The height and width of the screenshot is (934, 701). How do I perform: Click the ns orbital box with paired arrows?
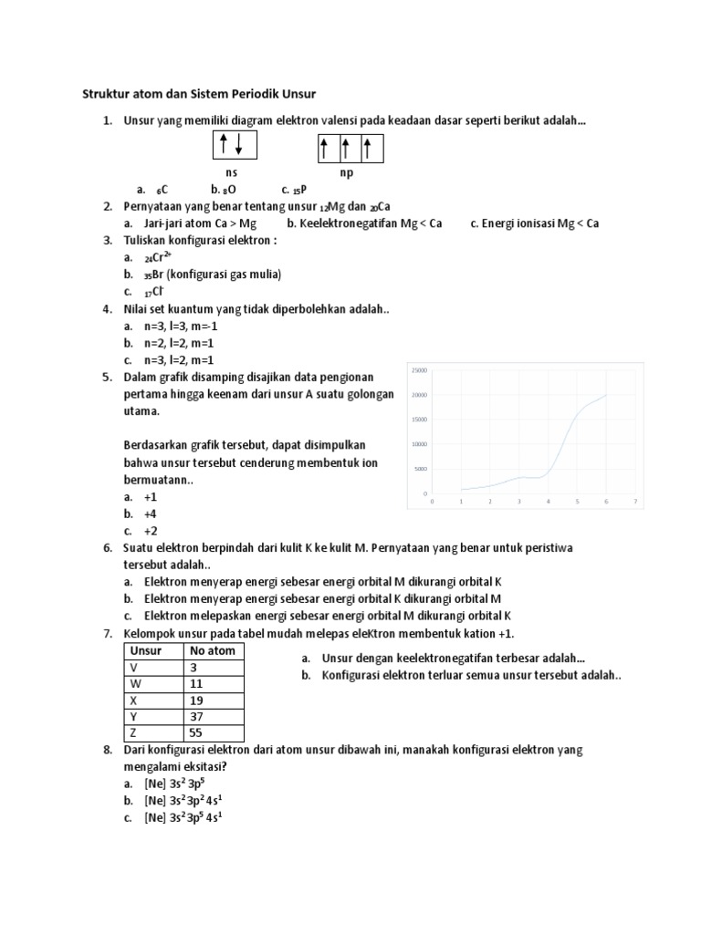click(x=235, y=144)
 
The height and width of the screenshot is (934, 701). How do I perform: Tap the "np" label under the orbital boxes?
click(x=347, y=171)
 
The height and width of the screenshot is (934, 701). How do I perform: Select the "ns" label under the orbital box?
click(x=232, y=171)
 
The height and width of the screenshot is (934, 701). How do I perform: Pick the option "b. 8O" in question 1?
click(x=224, y=190)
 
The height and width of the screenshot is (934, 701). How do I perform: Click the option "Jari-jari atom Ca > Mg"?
click(x=200, y=223)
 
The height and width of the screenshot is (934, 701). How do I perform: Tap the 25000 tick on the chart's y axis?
click(x=420, y=370)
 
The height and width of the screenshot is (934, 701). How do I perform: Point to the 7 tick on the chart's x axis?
click(x=633, y=501)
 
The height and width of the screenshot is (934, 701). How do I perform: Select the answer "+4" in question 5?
click(x=151, y=514)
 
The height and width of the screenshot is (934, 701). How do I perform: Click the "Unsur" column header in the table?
click(x=146, y=650)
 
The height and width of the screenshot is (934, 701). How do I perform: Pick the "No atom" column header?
click(x=212, y=650)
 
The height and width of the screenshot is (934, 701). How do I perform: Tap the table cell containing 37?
click(x=213, y=716)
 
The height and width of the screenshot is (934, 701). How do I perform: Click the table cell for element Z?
click(x=152, y=732)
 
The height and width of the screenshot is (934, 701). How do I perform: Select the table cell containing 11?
click(x=213, y=683)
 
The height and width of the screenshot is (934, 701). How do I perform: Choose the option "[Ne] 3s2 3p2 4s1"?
click(x=184, y=800)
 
